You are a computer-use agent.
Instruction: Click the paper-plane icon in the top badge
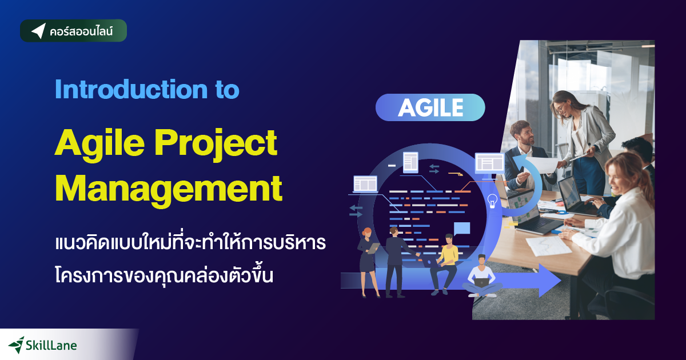click(38, 31)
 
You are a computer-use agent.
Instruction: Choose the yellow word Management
click(168, 189)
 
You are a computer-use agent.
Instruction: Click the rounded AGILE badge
click(430, 107)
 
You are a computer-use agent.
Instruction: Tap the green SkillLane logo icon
click(16, 344)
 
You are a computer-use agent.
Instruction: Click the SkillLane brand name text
click(51, 345)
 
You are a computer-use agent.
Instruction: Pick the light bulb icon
click(492, 201)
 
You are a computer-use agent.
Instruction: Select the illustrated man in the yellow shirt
click(446, 263)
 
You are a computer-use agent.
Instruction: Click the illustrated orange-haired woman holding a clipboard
click(366, 260)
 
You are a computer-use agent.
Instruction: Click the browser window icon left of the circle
click(365, 183)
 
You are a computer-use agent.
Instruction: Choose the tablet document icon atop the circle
click(410, 162)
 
